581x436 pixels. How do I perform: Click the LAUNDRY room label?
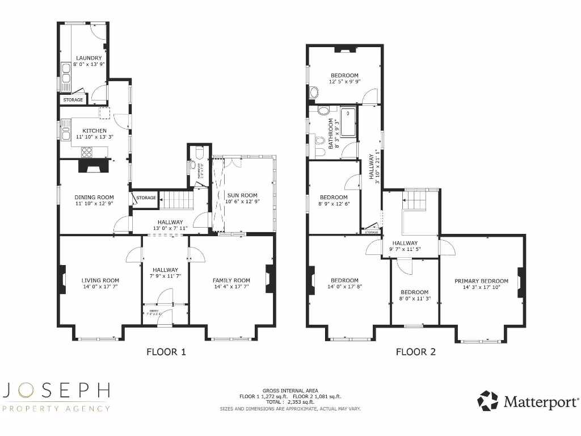pyautogui.click(x=89, y=58)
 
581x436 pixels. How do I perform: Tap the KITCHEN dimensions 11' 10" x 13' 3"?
pyautogui.click(x=91, y=137)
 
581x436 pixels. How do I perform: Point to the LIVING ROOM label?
pyautogui.click(x=100, y=280)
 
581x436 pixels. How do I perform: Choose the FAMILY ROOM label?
pyautogui.click(x=231, y=280)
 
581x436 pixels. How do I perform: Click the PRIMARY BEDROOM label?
pyautogui.click(x=481, y=280)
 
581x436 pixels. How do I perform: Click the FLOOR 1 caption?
pyautogui.click(x=166, y=351)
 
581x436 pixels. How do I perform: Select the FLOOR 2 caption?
pyautogui.click(x=415, y=351)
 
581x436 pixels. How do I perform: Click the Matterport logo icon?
pyautogui.click(x=487, y=401)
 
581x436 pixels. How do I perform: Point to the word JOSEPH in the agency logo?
pyautogui.click(x=56, y=390)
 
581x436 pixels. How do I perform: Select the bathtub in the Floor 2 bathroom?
pyautogui.click(x=348, y=122)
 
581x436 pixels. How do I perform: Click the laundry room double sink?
pyautogui.click(x=66, y=75)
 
